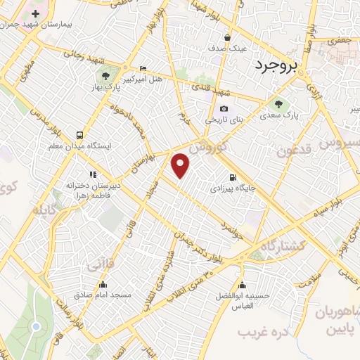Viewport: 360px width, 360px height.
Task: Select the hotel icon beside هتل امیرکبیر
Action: point(143,68)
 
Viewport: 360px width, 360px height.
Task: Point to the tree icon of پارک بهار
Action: point(105,75)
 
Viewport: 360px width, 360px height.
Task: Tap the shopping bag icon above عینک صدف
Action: point(227,38)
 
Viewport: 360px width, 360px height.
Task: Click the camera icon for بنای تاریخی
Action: point(224,108)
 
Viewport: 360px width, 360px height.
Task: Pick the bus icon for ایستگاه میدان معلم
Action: point(78,134)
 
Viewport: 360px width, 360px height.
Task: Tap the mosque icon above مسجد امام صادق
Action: point(103,285)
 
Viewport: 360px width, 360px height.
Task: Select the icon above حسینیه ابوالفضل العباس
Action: point(242,285)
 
